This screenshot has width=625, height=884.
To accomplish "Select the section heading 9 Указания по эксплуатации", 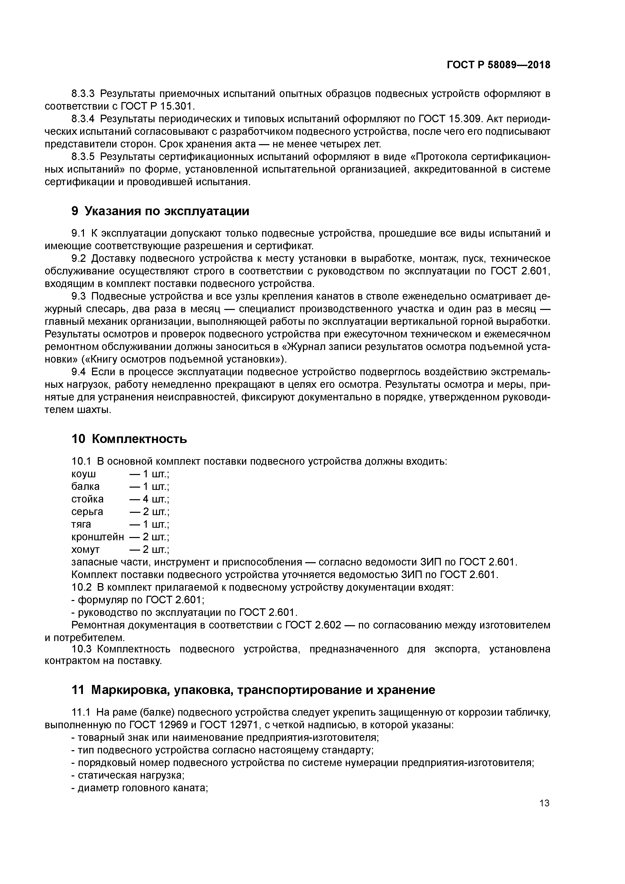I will tap(160, 211).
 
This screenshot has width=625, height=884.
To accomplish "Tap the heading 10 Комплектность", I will tap(129, 438).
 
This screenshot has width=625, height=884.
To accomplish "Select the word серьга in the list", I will tap(87, 512).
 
